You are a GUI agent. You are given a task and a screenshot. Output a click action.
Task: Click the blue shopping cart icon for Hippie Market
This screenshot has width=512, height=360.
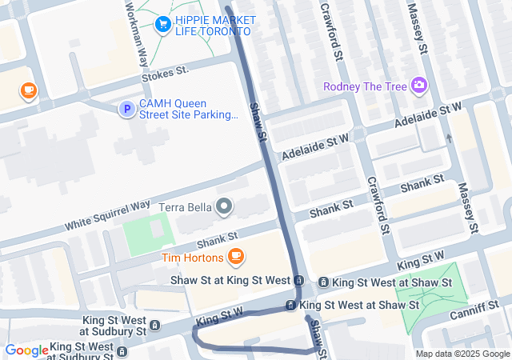[x=164, y=24]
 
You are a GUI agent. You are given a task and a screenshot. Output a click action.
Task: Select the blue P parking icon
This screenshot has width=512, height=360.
[x=126, y=109]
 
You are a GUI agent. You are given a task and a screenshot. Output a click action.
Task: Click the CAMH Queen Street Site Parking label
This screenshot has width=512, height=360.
[x=189, y=110]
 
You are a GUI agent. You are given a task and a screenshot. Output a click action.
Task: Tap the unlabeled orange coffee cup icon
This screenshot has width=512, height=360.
[x=29, y=90]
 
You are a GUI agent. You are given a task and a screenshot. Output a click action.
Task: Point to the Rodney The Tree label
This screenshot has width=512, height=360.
[x=365, y=86]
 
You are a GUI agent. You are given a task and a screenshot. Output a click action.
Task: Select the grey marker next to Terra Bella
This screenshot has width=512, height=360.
[x=225, y=208]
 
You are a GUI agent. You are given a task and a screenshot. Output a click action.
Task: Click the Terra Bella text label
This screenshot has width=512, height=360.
[x=185, y=208]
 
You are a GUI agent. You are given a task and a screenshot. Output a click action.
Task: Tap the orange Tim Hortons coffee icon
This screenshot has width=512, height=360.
[x=235, y=257]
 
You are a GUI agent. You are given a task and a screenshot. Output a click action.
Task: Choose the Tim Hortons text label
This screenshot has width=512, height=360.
[x=191, y=257]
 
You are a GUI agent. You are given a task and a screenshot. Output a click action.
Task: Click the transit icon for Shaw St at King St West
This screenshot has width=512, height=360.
[x=298, y=281]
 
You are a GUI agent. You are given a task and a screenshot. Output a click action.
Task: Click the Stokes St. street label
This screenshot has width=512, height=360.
[x=165, y=72]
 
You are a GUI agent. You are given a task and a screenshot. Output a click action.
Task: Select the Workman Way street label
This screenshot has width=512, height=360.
[x=134, y=32]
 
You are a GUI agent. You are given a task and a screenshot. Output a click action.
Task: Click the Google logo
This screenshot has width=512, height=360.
[x=26, y=350]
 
